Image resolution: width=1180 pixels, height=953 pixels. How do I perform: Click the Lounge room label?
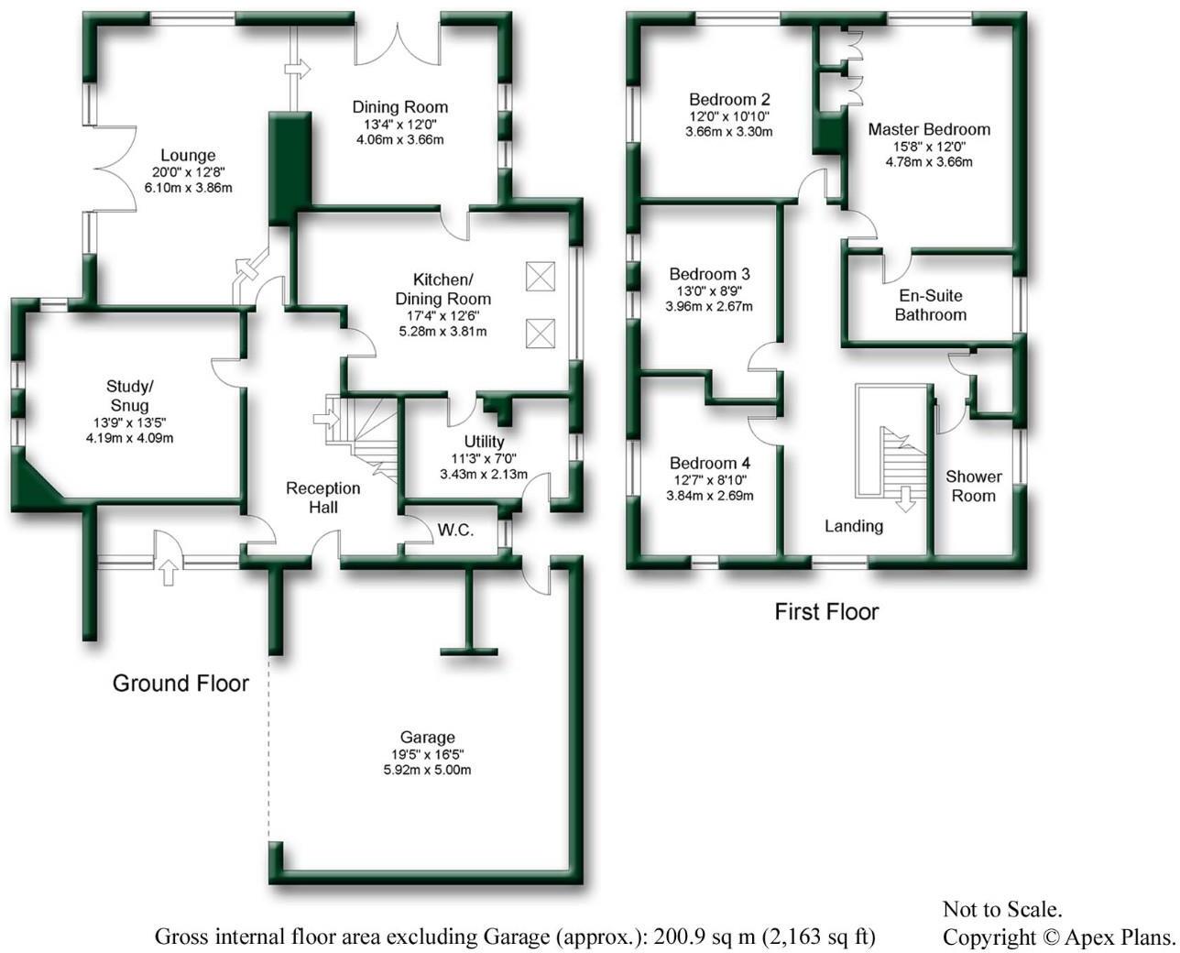[188, 156]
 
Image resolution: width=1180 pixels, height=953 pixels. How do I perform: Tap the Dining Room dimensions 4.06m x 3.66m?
[399, 140]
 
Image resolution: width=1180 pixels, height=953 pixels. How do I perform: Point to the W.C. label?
[455, 531]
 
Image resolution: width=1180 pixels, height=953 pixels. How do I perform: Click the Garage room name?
[427, 738]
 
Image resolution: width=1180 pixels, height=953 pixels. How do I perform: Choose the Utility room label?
[484, 442]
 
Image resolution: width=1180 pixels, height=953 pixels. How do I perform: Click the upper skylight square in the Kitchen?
[541, 276]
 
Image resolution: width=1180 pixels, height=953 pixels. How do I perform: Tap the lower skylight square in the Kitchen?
[541, 333]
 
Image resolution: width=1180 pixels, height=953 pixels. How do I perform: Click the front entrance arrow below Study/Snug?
[167, 573]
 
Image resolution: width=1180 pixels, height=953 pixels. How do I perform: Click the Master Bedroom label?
[929, 129]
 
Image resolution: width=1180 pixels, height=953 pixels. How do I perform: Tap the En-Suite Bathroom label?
[930, 305]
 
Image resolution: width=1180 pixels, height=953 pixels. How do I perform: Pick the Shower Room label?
[973, 486]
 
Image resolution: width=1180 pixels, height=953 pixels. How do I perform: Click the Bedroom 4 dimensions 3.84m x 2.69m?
[710, 496]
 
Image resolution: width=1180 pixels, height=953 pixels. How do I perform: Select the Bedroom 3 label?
[709, 274]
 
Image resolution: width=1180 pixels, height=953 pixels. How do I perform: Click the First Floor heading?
[826, 611]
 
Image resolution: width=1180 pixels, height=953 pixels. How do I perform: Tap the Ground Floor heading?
[180, 683]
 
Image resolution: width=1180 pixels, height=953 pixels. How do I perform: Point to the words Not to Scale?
[1002, 910]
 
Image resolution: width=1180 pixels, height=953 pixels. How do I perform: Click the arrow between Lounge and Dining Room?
[298, 69]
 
